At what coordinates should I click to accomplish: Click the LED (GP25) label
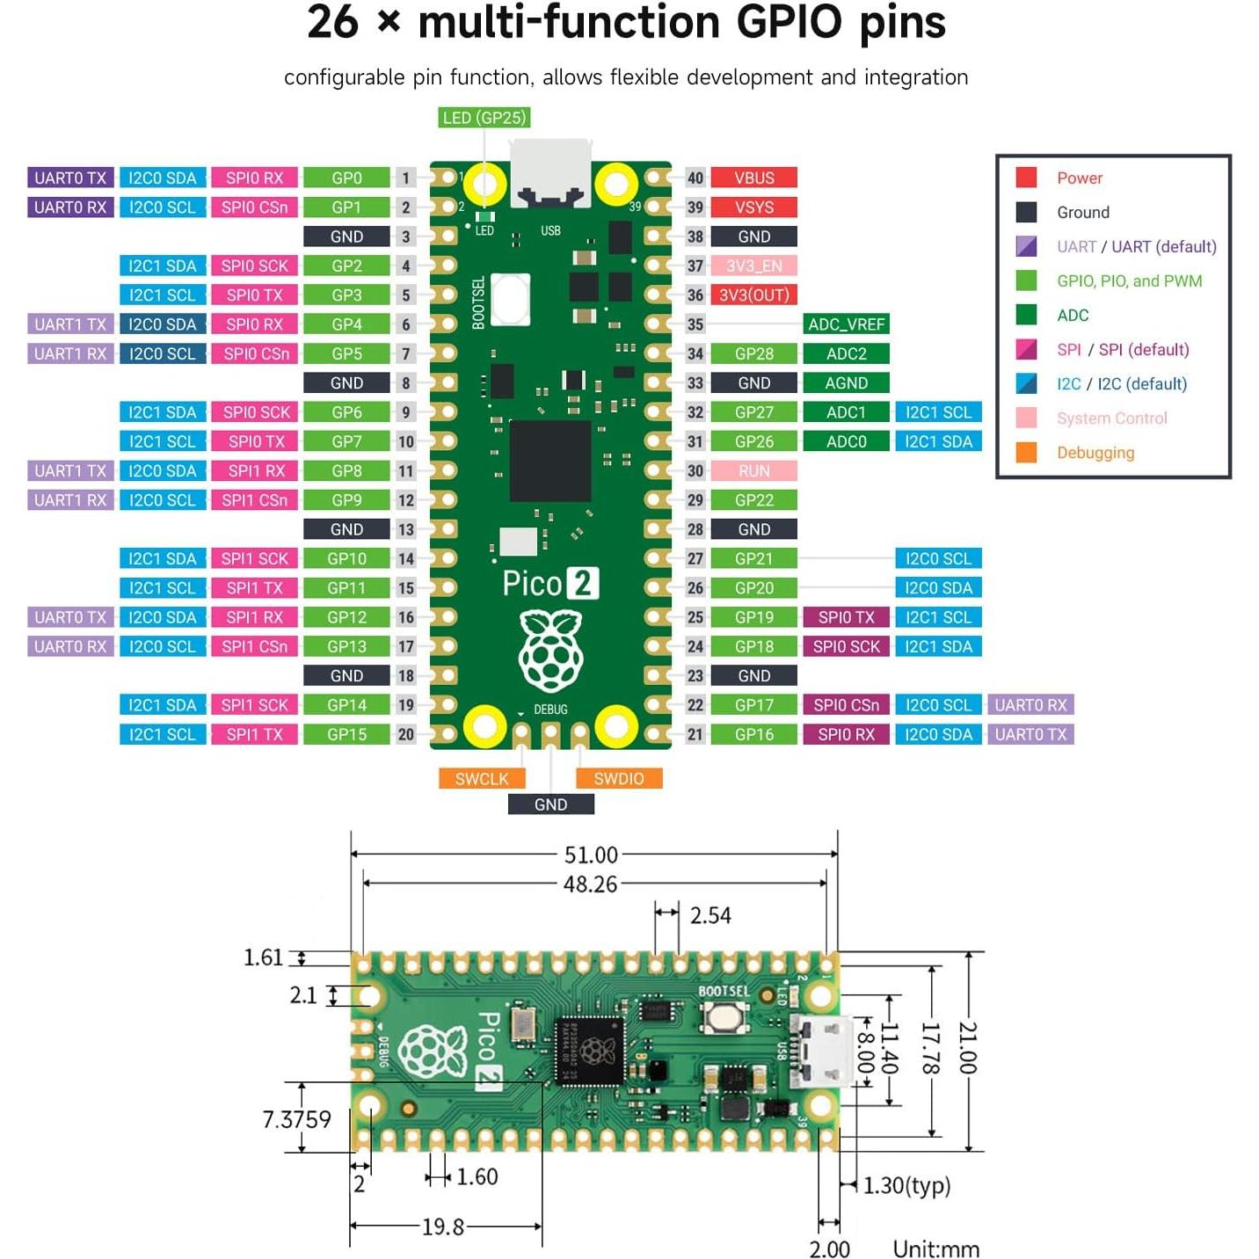coord(484,118)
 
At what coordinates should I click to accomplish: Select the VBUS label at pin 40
coord(753,178)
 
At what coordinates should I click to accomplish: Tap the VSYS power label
coord(753,207)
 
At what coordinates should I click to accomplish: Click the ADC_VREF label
coord(846,324)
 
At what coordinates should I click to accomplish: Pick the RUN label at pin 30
coord(753,471)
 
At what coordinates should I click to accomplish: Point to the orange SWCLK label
coord(482,779)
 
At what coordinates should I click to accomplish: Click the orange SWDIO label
coord(618,779)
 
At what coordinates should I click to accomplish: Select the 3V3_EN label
coord(753,266)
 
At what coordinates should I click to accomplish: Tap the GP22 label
coord(753,500)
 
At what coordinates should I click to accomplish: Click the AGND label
coord(846,383)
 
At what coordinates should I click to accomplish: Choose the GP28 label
coord(753,353)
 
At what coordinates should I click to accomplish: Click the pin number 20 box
coord(405,735)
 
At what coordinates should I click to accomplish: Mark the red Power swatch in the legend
coord(1026,178)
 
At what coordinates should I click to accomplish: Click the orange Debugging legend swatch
coord(1026,453)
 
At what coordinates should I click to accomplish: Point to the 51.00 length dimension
coord(591,855)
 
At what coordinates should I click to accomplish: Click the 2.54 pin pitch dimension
coord(710,916)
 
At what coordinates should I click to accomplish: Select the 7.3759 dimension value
coord(297,1120)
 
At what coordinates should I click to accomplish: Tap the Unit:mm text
coord(935,1249)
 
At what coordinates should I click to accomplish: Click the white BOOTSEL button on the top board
coord(511,299)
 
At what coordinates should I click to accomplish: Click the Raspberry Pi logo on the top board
coord(550,651)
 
